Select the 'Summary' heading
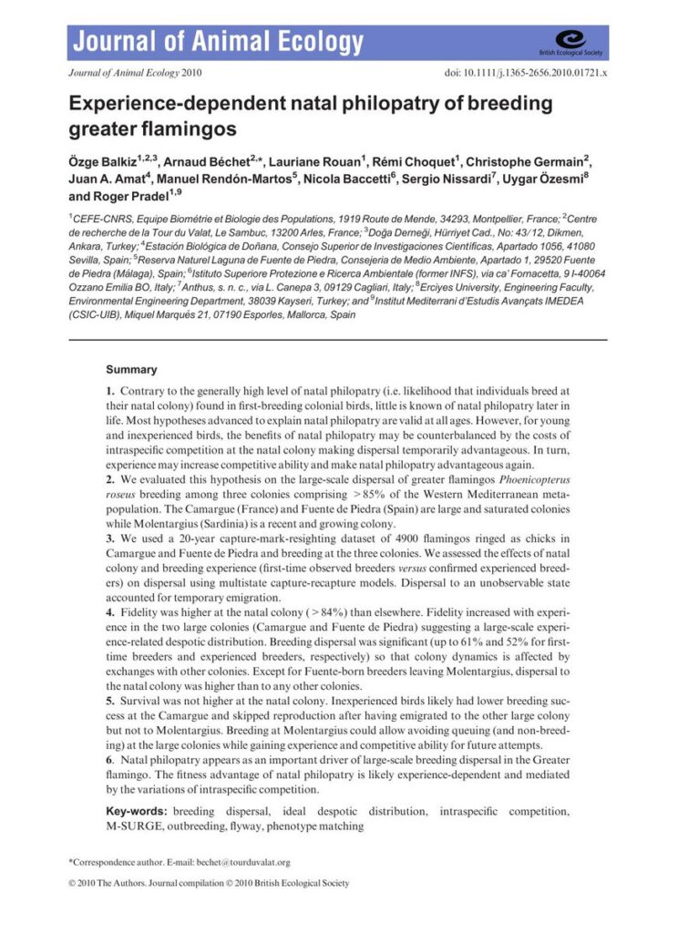pos(131,370)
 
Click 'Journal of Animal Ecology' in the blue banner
pos(218,42)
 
